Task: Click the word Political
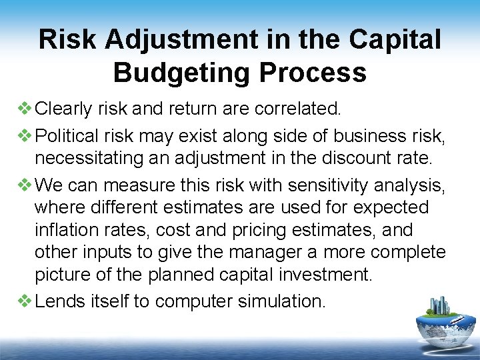[x=68, y=137]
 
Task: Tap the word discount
[x=355, y=159]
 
